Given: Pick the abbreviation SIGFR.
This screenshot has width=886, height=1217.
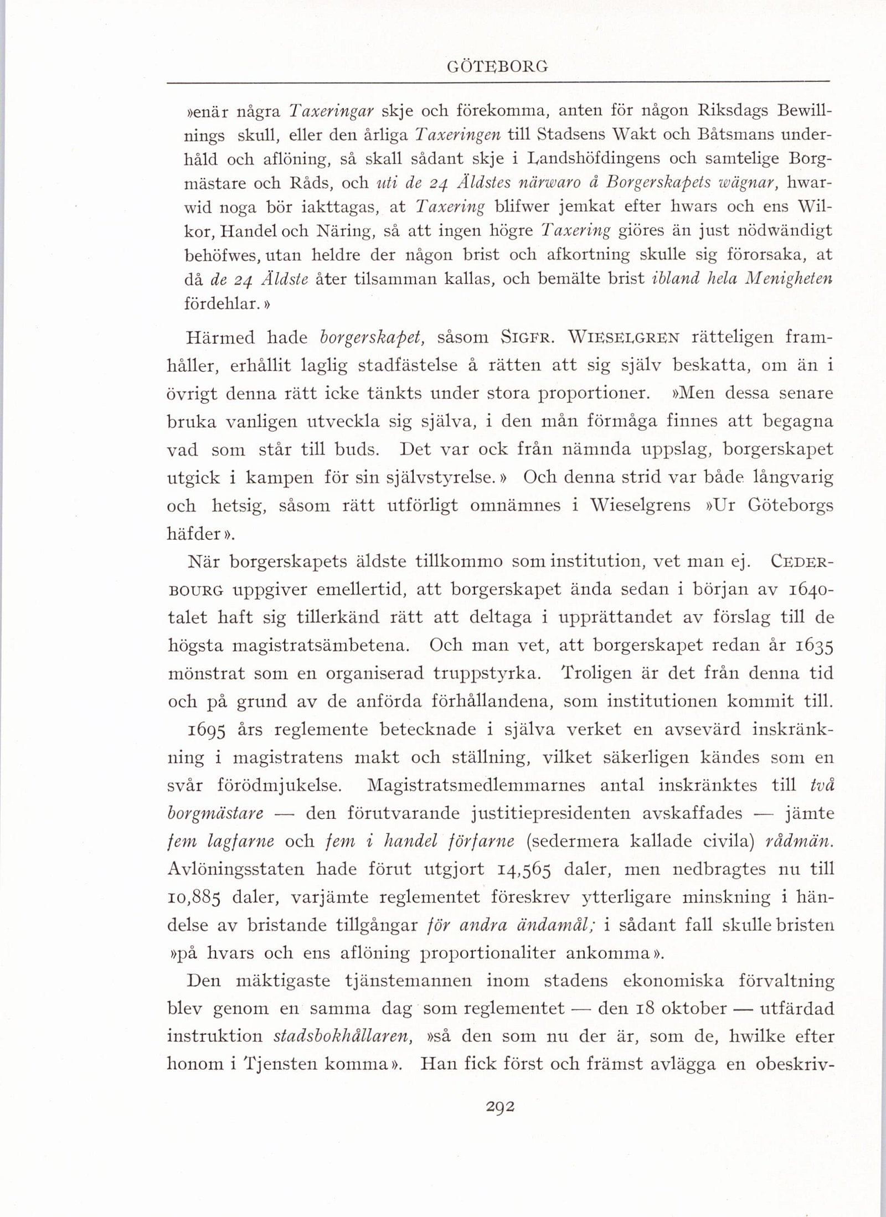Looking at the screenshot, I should point(524,337).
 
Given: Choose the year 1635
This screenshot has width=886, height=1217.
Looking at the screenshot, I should point(814,646).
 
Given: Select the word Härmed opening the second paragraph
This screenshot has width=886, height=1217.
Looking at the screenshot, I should point(220,337).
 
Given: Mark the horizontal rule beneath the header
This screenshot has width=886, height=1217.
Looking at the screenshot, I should point(498,82).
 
